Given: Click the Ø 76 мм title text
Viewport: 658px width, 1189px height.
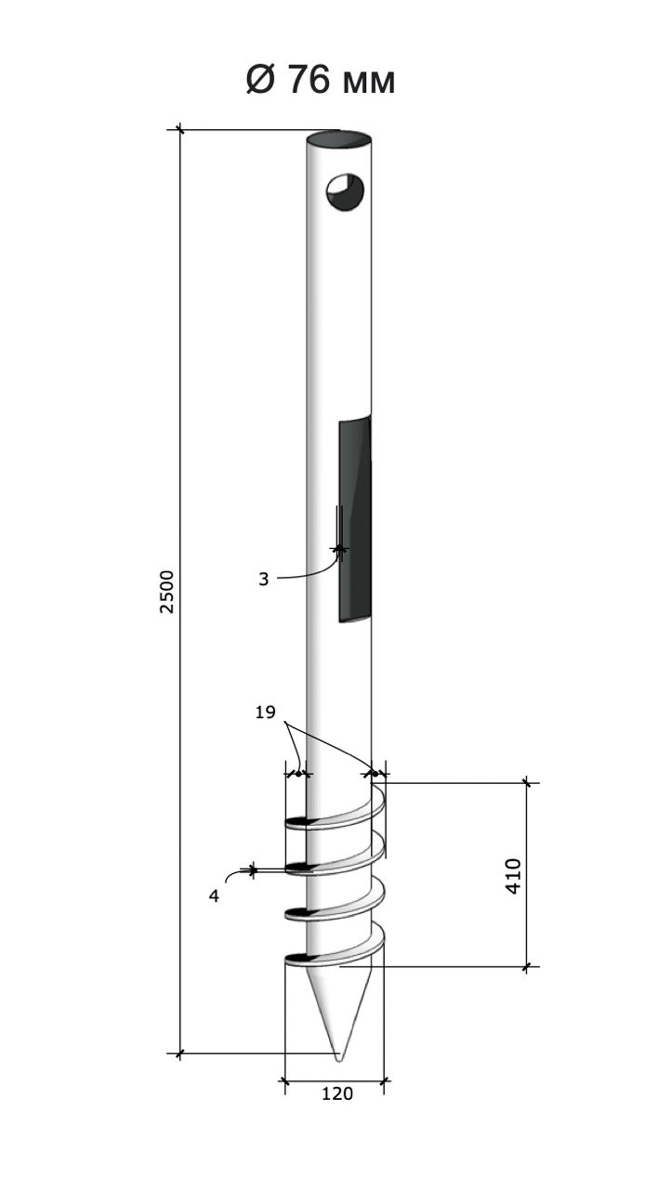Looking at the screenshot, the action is (x=321, y=81).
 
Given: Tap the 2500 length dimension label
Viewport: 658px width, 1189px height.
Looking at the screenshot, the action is (x=166, y=592).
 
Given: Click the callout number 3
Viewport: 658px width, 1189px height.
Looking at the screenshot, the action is (x=263, y=579).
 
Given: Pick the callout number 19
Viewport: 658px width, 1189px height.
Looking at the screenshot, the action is (x=265, y=712).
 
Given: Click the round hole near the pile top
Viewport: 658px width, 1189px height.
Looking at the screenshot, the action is (x=345, y=191).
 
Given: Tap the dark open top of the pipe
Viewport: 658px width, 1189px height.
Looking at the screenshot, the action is (x=338, y=139).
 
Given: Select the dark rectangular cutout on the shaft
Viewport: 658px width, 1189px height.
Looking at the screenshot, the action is (x=355, y=519).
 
